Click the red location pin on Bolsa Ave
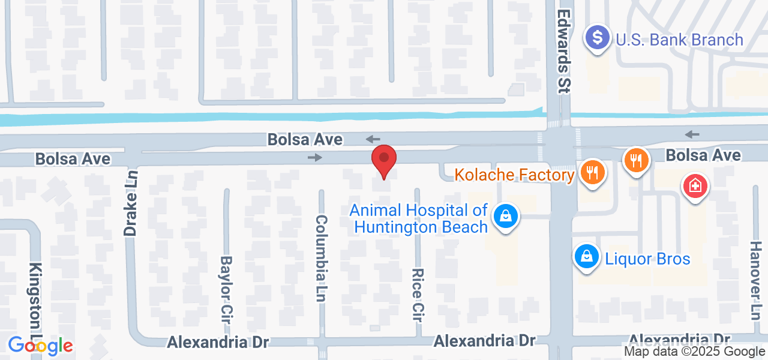point(384,161)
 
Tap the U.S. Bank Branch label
point(679,40)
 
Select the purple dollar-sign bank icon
point(597,38)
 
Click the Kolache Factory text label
point(514,175)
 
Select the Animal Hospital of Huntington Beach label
point(419,219)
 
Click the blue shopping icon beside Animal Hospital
point(506,216)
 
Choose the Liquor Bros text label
point(647,259)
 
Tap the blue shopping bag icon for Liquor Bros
point(587,257)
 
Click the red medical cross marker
point(695,186)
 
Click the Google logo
point(40,346)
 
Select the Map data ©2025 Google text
point(694,352)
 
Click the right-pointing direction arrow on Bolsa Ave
point(315,158)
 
